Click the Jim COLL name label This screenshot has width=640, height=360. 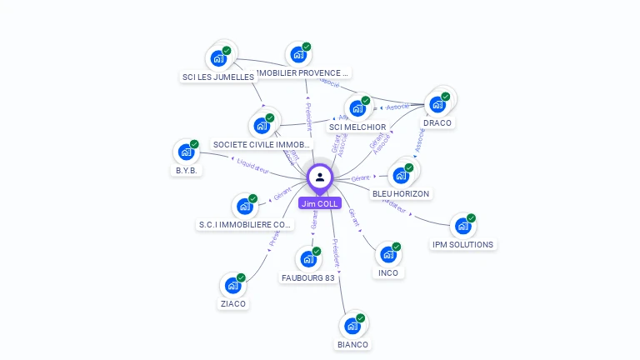point(319,203)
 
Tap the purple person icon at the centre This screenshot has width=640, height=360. point(320,177)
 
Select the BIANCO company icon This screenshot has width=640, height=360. point(352,324)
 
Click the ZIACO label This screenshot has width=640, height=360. point(233,303)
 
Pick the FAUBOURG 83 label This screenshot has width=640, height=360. point(307,277)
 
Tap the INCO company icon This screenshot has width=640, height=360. point(387,253)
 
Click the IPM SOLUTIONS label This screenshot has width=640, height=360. point(462,244)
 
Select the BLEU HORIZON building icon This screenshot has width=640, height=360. point(401,176)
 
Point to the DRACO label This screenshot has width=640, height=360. point(437,122)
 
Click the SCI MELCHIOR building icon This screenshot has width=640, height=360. point(357,107)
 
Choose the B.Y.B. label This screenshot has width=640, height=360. point(185,170)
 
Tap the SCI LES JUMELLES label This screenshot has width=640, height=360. point(217,77)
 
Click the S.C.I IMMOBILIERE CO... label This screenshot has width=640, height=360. point(246,224)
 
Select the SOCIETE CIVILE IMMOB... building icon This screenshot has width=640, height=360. point(262,126)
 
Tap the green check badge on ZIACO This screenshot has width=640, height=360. point(241,277)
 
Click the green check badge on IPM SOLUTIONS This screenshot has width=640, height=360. point(471,218)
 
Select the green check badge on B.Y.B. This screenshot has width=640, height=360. point(194,144)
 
